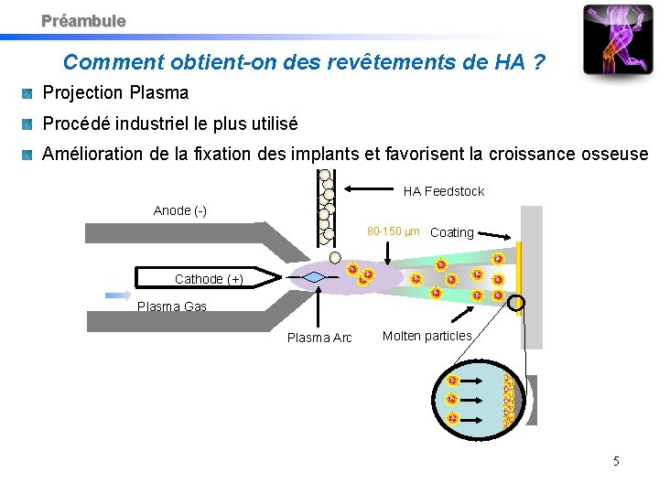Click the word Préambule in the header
(83, 20)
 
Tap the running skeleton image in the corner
(619, 41)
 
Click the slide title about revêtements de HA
(305, 62)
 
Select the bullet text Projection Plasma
(115, 92)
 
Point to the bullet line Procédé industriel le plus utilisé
(170, 123)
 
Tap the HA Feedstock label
(444, 191)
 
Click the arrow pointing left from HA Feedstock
(370, 189)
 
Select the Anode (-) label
(180, 210)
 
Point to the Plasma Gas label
(171, 306)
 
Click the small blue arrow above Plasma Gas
(118, 295)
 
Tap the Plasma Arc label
(319, 338)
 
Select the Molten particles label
(427, 336)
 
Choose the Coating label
(451, 232)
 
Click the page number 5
(616, 461)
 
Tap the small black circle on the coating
(517, 304)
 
